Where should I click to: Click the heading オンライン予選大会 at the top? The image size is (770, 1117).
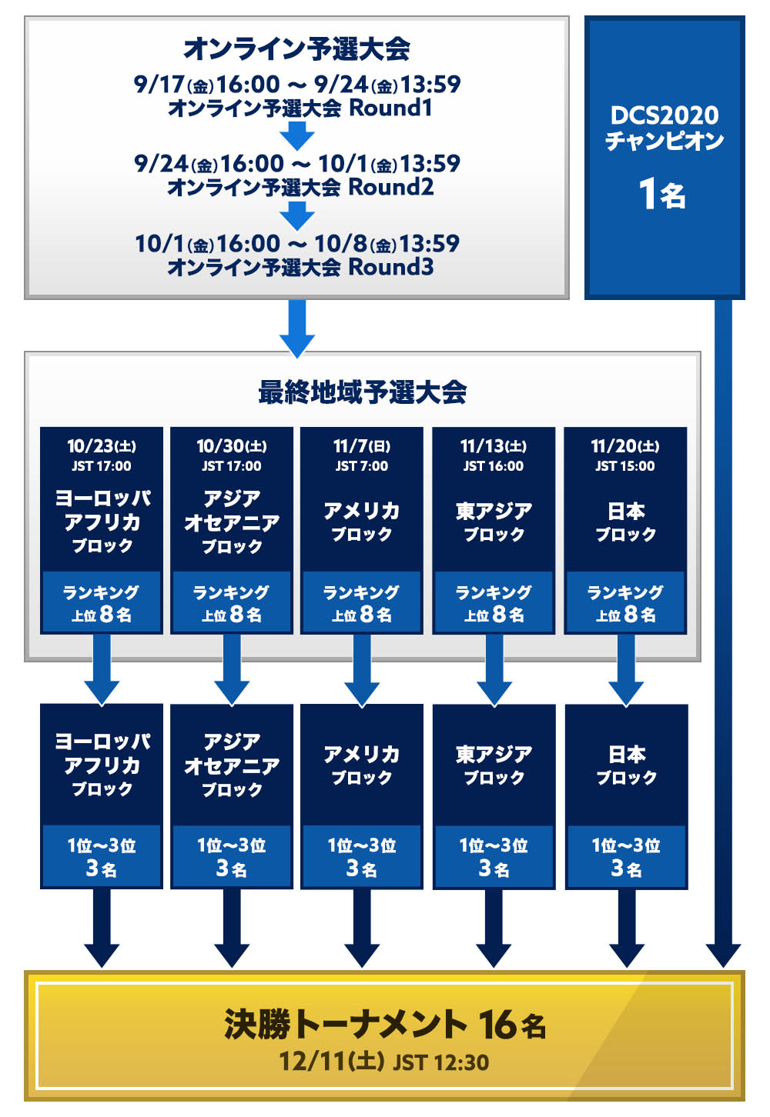(x=296, y=49)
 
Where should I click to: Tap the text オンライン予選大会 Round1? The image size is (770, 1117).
(x=300, y=108)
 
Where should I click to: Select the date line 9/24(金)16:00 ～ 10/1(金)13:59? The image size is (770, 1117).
(x=296, y=163)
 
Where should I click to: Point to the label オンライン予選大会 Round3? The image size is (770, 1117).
(x=300, y=267)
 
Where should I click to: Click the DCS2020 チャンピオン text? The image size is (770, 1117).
(x=664, y=128)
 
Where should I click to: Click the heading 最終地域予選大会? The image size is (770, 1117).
(x=362, y=392)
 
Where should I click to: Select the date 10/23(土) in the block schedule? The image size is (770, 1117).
(x=102, y=446)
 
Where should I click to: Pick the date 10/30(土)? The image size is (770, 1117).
(x=232, y=446)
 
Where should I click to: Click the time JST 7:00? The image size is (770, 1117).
(x=362, y=466)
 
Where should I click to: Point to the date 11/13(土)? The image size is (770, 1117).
(x=494, y=446)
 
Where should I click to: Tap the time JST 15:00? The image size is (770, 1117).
(x=625, y=466)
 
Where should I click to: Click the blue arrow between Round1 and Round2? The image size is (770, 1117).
(x=297, y=136)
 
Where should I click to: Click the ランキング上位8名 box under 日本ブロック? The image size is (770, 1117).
(x=625, y=603)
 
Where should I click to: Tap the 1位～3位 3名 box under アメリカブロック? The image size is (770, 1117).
(x=362, y=857)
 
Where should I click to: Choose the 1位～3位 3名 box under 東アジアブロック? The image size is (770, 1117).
(x=494, y=857)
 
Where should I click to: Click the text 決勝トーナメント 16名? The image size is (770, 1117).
(x=385, y=1025)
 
